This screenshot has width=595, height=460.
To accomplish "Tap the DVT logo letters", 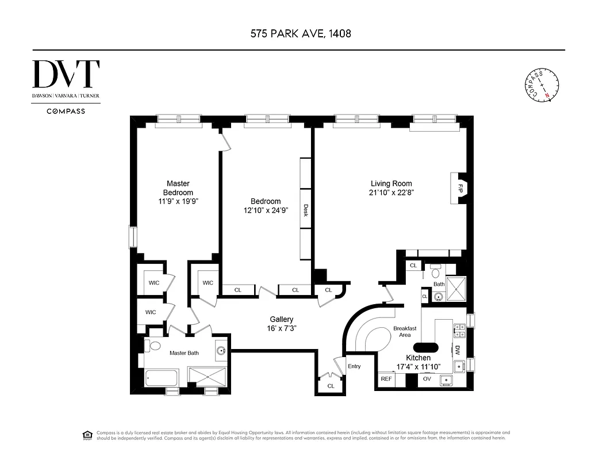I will coord(66,74).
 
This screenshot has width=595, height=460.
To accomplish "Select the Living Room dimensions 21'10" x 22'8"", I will coord(391,193).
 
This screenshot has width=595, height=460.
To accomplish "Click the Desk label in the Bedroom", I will coord(306,210).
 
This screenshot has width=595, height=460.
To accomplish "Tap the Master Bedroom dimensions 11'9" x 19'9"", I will coord(178,201).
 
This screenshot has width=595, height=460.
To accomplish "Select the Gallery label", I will coord(282,319).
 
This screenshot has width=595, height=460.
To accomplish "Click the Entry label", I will coord(354,366).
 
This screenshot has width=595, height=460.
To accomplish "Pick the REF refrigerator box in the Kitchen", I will coord(385,379).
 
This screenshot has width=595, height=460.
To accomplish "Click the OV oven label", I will coord(427,379).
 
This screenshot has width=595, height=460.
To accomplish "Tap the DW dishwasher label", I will coord(457,348).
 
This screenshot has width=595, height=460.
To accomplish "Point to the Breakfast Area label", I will coord(405,332).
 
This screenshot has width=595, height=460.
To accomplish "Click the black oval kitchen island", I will coord(425,347).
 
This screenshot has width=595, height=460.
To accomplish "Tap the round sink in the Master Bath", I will coord(221,349).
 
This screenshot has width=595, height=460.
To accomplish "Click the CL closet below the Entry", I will coord(331,386).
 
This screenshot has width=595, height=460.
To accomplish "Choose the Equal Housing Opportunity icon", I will coord(88,435).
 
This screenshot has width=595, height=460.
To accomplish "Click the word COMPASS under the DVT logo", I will coord(66,111).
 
